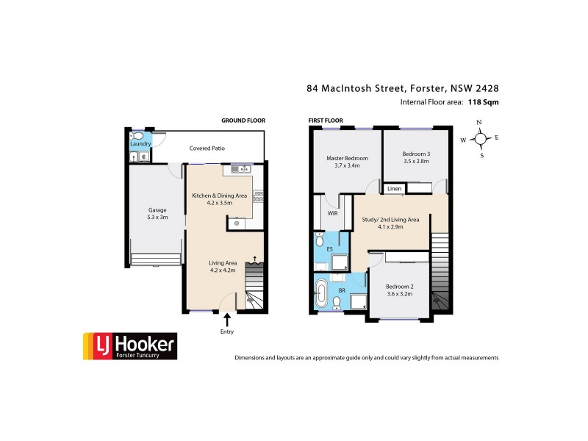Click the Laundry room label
tap(140, 145)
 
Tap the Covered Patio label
tap(207, 148)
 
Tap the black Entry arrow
tap(226, 319)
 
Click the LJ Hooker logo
tap(129, 345)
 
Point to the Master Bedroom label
tap(347, 162)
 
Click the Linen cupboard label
tap(394, 189)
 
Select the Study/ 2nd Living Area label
tap(390, 223)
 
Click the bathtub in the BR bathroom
tap(321, 293)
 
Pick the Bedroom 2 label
tap(399, 289)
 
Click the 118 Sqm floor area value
tap(484, 103)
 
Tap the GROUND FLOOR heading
tap(243, 120)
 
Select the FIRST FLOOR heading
tap(326, 120)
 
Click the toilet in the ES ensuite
tap(320, 240)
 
